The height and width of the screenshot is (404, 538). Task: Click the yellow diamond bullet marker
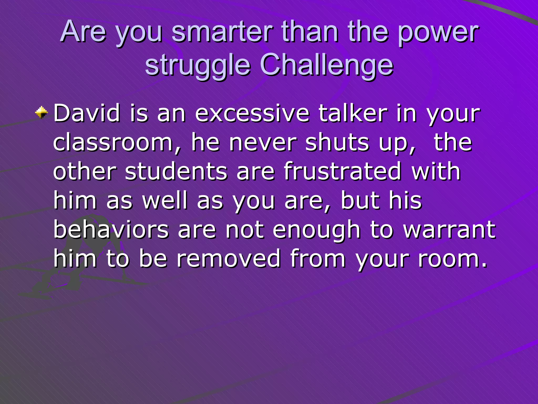(x=42, y=113)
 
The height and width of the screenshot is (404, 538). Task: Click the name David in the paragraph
(x=87, y=113)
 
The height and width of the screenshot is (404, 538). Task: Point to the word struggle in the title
(x=198, y=66)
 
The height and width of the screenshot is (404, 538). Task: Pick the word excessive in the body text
(x=252, y=113)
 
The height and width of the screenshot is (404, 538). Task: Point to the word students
(x=176, y=171)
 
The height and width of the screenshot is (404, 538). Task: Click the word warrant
(x=449, y=229)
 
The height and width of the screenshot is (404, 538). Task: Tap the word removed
(x=229, y=259)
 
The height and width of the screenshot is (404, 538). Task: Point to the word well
(x=165, y=200)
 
